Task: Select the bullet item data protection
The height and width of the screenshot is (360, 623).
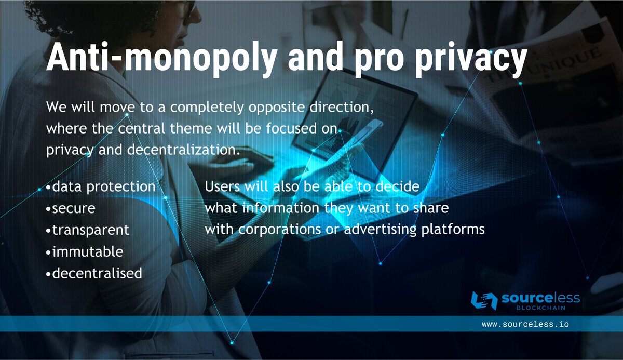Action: [x=103, y=186]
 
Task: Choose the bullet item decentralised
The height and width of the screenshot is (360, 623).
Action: [x=97, y=273]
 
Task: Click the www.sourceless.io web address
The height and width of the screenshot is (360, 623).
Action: [x=525, y=324]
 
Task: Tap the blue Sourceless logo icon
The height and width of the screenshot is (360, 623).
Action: [x=484, y=301]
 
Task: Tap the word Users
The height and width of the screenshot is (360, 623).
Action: [x=222, y=186]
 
